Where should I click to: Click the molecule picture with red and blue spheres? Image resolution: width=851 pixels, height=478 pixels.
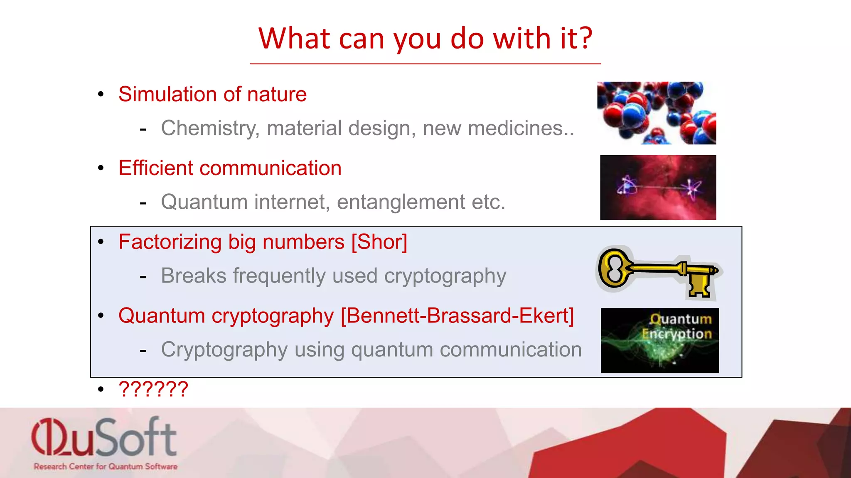[657, 113]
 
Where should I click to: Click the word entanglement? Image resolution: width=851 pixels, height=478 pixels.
[401, 202]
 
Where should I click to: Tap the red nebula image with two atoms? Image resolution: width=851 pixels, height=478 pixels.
[658, 188]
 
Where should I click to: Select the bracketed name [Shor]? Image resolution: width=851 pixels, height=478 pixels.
[379, 242]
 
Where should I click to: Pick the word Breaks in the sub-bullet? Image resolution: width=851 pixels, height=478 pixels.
[193, 276]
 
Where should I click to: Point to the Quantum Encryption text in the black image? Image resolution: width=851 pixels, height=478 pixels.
[677, 327]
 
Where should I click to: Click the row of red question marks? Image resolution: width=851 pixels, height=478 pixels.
[153, 389]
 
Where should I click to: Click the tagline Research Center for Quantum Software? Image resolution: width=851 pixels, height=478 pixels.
[106, 466]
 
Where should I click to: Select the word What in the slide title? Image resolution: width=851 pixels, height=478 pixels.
[294, 39]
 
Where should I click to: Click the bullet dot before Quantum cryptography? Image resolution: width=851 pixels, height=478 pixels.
[101, 316]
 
